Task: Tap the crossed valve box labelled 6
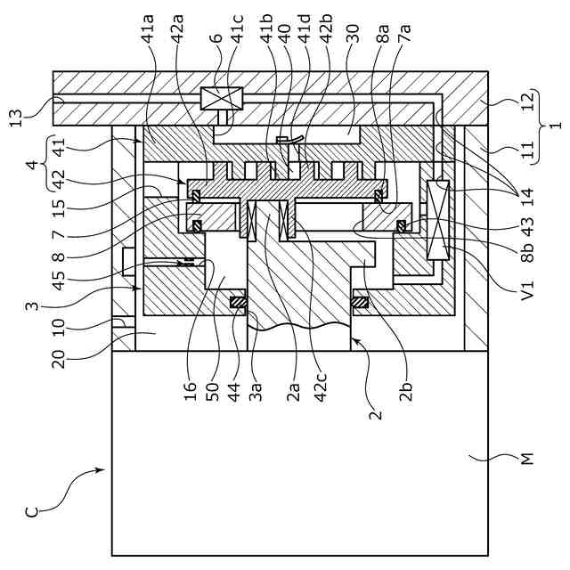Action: click(222, 98)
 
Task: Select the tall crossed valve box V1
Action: click(438, 220)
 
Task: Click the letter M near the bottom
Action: click(526, 459)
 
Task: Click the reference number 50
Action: click(213, 391)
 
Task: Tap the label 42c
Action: click(321, 386)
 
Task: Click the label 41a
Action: click(150, 28)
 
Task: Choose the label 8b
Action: click(528, 252)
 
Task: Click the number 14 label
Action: click(528, 197)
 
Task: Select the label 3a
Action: click(256, 391)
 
